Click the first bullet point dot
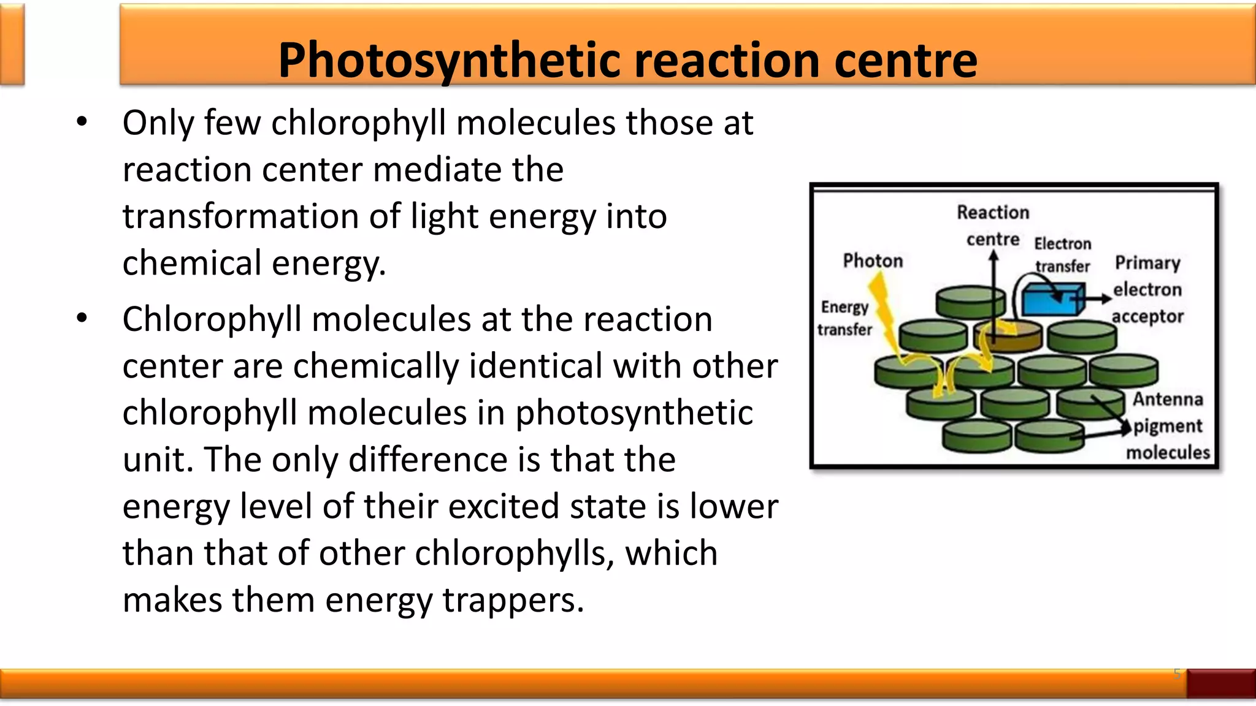tap(82, 122)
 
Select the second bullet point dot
tap(82, 319)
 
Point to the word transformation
tap(240, 216)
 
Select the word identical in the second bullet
tap(542, 366)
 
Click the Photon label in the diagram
tap(873, 261)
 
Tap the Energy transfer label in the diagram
tap(844, 318)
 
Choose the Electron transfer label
tap(1063, 254)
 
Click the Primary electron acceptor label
tap(1147, 289)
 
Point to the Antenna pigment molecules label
tap(1168, 426)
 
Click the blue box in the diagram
tap(1051, 300)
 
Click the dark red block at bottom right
tap(1220, 683)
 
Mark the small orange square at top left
tap(12, 44)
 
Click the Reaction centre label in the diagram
tap(993, 226)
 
